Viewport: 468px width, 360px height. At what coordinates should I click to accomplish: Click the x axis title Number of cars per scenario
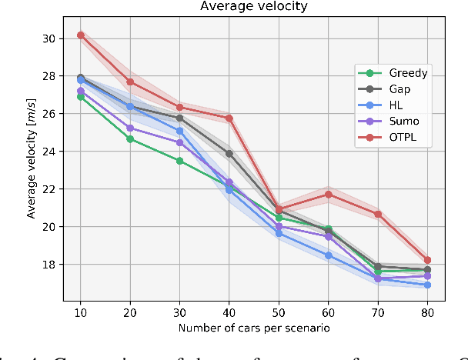coord(253,328)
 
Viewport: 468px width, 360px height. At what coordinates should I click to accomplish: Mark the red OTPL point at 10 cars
coord(80,35)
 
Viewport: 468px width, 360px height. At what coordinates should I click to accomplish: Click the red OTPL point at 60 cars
coord(328,194)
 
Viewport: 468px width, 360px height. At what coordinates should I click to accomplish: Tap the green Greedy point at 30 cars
coord(179,161)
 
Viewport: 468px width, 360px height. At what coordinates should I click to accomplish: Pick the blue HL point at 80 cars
coord(427,285)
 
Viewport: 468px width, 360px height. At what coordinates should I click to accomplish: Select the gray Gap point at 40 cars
coord(229,153)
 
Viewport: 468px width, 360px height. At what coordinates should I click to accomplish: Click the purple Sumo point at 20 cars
coord(129,128)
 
